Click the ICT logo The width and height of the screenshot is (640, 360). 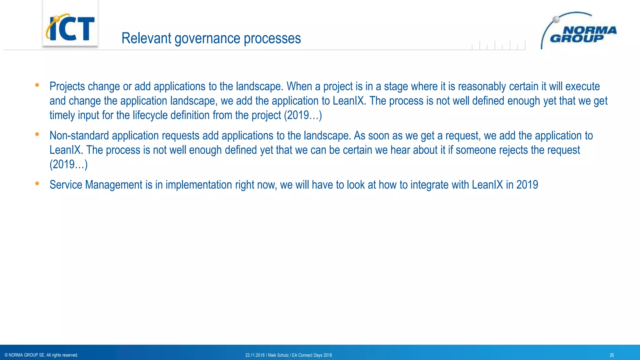click(70, 27)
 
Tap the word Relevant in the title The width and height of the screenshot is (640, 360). click(146, 38)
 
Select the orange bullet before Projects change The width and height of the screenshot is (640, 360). click(37, 85)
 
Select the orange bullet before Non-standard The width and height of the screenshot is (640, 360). click(37, 134)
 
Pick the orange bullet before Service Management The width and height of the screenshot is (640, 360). click(37, 183)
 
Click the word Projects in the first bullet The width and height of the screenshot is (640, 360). click(67, 87)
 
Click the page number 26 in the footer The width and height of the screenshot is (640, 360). click(612, 355)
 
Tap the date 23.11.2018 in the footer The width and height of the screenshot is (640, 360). click(255, 355)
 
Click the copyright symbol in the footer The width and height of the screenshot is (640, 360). click(6, 355)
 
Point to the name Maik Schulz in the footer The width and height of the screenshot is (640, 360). click(278, 355)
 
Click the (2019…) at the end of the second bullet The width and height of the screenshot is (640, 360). click(68, 164)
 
